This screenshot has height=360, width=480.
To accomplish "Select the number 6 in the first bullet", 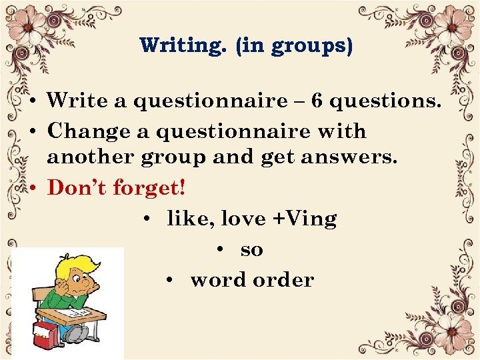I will [x=317, y=101].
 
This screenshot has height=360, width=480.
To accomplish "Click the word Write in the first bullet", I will [x=76, y=101].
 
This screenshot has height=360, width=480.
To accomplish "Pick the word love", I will [x=243, y=219].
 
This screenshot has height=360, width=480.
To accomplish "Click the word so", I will [x=251, y=250].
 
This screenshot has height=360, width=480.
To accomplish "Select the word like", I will [x=189, y=219].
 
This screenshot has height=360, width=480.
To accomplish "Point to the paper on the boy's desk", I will [x=75, y=310].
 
